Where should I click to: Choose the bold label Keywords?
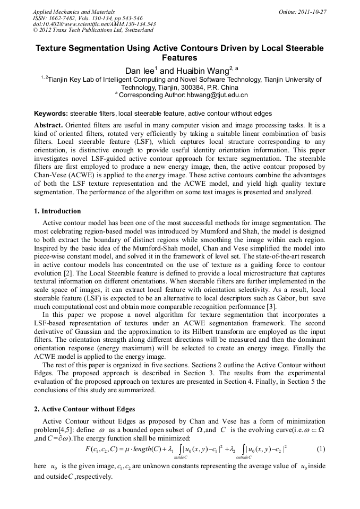[51, 114]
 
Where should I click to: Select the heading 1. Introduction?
[57, 211]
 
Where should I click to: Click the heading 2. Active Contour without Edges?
[84, 409]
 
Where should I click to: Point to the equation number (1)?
[321, 449]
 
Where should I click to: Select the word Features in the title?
[179, 58]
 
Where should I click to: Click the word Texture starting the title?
[52, 48]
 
